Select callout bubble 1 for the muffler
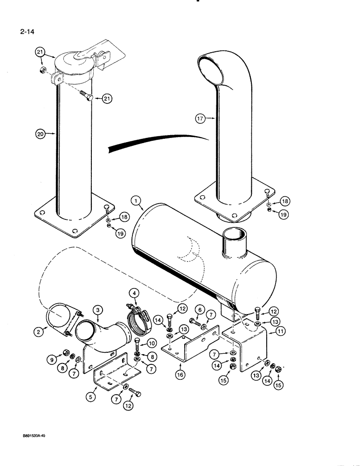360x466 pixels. tap(135, 201)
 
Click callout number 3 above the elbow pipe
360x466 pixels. tap(97, 309)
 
